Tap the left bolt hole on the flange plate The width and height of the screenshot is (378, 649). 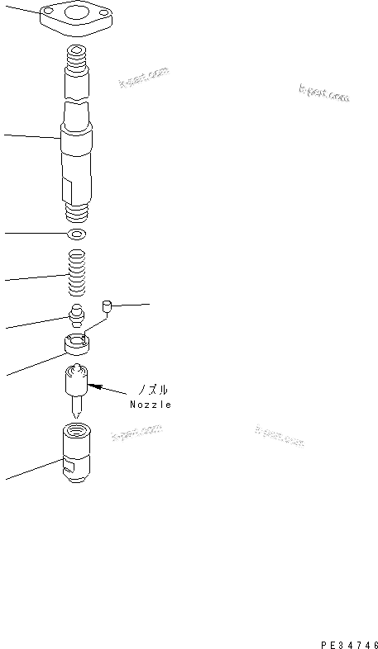(49, 11)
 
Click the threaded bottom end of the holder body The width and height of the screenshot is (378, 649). (78, 213)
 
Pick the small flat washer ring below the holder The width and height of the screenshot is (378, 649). (78, 235)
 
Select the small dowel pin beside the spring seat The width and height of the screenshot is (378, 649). (106, 309)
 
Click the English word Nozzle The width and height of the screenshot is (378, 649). (151, 405)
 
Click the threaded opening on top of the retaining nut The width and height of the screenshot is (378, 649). (78, 430)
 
